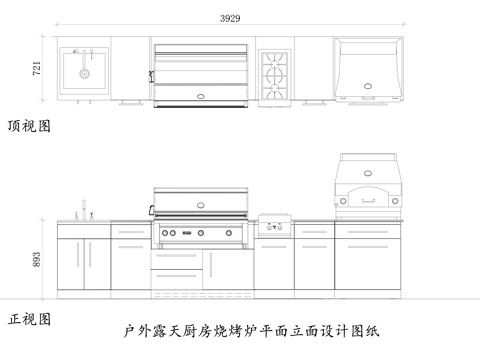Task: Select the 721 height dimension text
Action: [x=37, y=69]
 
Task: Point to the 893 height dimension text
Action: [x=37, y=259]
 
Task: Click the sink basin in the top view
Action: [x=82, y=70]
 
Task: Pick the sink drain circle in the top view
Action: [x=84, y=73]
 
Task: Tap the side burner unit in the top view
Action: [x=275, y=72]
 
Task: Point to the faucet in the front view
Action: [x=85, y=211]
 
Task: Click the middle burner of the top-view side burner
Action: [x=275, y=72]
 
